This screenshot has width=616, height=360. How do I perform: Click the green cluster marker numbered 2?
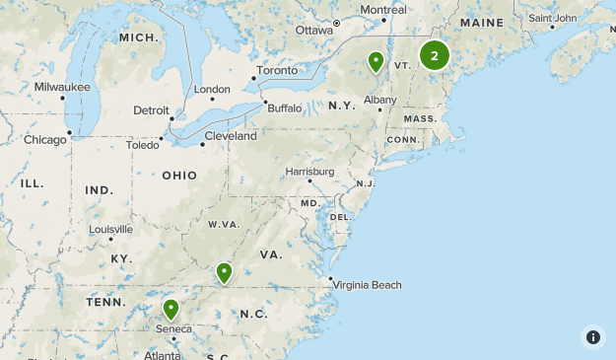point(434,55)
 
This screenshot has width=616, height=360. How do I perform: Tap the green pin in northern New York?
point(376,62)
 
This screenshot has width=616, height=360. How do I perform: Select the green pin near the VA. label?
point(225,272)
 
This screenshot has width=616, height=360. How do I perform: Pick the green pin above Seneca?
point(171,309)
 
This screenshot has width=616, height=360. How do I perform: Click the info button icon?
point(593,337)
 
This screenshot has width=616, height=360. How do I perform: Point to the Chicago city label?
point(45,140)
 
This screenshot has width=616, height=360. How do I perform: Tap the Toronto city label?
point(277,71)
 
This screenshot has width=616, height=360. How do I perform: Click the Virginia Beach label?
point(368,285)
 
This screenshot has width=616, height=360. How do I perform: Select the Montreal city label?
point(383,10)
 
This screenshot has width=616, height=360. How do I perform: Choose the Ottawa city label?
point(314,31)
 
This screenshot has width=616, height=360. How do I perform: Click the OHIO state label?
point(179,176)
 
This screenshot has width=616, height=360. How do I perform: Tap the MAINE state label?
point(481,23)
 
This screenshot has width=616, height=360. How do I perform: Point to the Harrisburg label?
point(309,172)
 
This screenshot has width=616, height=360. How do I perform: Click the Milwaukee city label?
point(62,87)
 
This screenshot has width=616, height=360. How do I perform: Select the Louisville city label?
point(110,229)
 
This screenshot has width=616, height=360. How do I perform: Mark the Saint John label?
point(552,18)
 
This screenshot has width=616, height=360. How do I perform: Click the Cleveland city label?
point(231,136)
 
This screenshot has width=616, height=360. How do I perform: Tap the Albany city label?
point(379,100)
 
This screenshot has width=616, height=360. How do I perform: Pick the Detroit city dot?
point(171,119)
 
